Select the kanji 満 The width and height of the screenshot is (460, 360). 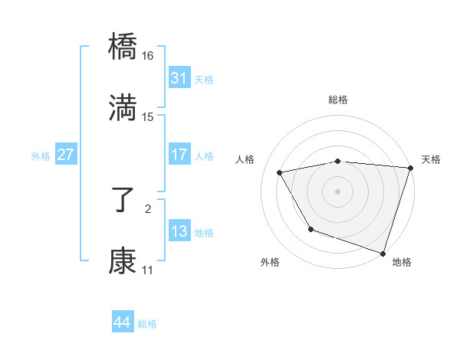pyautogui.click(x=123, y=108)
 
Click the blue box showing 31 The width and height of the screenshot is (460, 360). pyautogui.click(x=179, y=78)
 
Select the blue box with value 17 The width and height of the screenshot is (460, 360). pyautogui.click(x=179, y=155)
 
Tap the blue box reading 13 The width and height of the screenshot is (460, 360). pyautogui.click(x=179, y=231)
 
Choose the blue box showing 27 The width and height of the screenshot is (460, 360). pyautogui.click(x=65, y=155)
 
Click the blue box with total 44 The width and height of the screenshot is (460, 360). pyautogui.click(x=122, y=322)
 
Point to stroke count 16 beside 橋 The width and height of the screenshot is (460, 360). pyautogui.click(x=148, y=56)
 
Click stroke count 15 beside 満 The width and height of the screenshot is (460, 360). pyautogui.click(x=148, y=117)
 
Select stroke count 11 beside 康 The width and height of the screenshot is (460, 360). pyautogui.click(x=148, y=270)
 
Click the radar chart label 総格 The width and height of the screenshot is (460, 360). pyautogui.click(x=338, y=100)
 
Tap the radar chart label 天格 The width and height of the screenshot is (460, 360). pyautogui.click(x=432, y=159)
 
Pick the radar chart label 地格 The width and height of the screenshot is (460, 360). pyautogui.click(x=402, y=262)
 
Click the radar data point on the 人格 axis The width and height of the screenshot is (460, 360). pyautogui.click(x=281, y=173)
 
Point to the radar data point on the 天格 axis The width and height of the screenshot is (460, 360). pyautogui.click(x=409, y=168)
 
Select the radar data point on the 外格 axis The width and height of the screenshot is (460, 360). pyautogui.click(x=310, y=229)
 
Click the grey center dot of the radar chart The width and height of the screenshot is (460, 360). pyautogui.click(x=338, y=191)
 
